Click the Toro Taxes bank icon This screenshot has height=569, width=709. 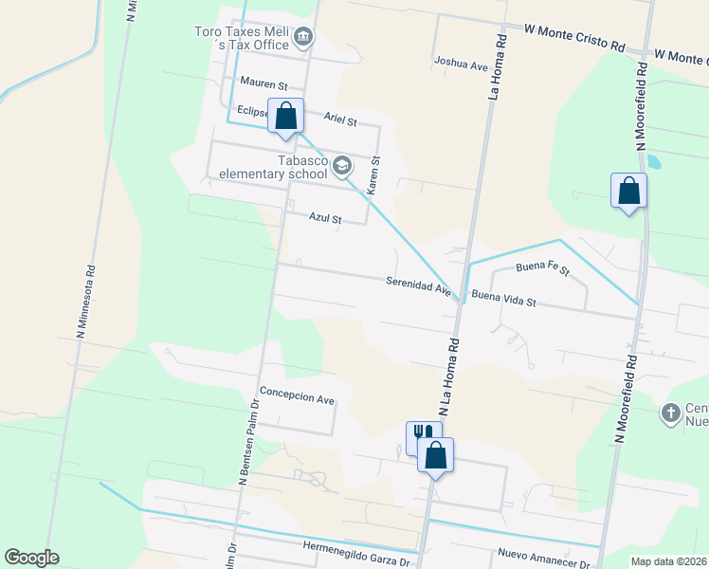pyautogui.click(x=303, y=38)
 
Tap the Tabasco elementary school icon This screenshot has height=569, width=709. pyautogui.click(x=342, y=168)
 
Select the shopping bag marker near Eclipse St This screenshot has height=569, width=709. pyautogui.click(x=286, y=117)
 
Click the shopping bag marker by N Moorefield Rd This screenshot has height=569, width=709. pyautogui.click(x=628, y=192)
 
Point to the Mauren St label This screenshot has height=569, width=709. pyautogui.click(x=264, y=84)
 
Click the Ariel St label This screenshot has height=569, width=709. pyautogui.click(x=339, y=121)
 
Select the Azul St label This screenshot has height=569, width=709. pyautogui.click(x=324, y=217)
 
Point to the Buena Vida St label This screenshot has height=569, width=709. pyautogui.click(x=503, y=299)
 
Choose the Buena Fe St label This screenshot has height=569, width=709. pyautogui.click(x=542, y=268)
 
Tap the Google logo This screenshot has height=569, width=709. pyautogui.click(x=31, y=558)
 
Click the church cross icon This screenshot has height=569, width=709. pyautogui.click(x=671, y=413)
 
